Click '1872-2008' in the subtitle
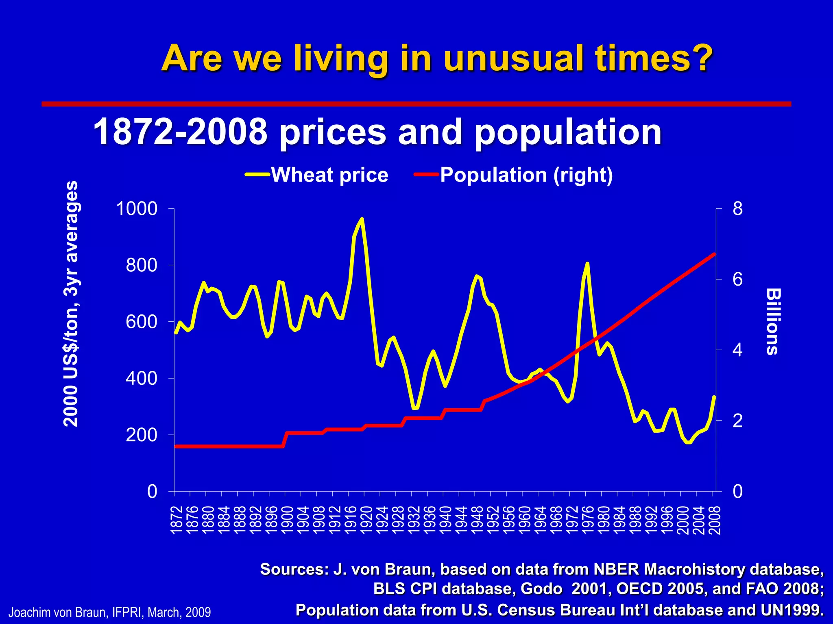click(x=179, y=132)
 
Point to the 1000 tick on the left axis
click(x=137, y=209)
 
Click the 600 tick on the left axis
click(x=141, y=322)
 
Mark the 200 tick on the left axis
click(x=141, y=435)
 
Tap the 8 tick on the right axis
click(x=737, y=209)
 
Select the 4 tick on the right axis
click(x=737, y=350)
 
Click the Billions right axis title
click(x=772, y=322)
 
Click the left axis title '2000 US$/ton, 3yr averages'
click(x=71, y=303)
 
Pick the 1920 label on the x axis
click(x=366, y=520)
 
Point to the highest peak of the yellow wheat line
click(x=362, y=219)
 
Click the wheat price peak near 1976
click(x=587, y=264)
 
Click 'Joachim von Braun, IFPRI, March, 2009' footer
click(x=110, y=612)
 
